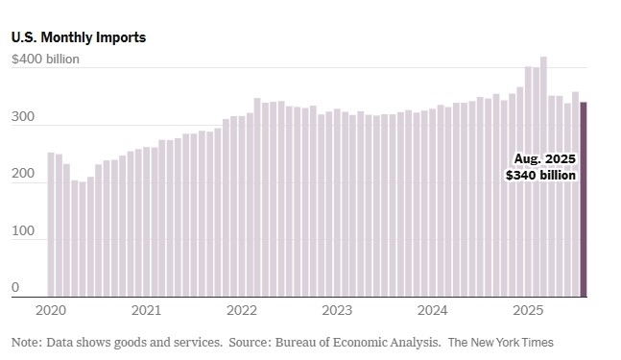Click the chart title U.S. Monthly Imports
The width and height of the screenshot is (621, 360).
(x=78, y=37)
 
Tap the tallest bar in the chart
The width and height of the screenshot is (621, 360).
(x=543, y=177)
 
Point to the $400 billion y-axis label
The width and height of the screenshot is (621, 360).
(x=45, y=60)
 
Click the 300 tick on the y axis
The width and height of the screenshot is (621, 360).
(x=21, y=117)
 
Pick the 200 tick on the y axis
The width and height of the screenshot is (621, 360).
(x=21, y=175)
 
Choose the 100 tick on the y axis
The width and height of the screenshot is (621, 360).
(x=21, y=231)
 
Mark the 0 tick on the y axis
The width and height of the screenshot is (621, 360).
(x=15, y=287)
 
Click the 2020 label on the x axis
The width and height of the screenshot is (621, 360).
(x=49, y=310)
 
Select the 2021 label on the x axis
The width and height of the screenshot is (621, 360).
(x=145, y=310)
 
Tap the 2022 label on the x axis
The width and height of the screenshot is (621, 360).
(x=241, y=310)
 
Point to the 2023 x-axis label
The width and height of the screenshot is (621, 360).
(x=337, y=310)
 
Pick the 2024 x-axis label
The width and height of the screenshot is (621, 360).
(x=433, y=310)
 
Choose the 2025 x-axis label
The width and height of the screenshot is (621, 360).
(x=529, y=310)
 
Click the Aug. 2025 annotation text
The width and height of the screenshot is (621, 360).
(x=545, y=158)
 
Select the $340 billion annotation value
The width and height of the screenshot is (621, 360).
(x=540, y=175)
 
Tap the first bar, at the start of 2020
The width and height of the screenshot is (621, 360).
(x=51, y=225)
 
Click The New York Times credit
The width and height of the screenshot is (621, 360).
(x=500, y=342)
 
